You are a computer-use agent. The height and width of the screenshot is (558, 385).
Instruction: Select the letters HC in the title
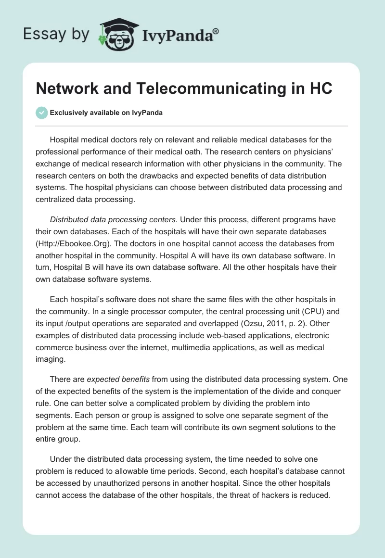(320, 89)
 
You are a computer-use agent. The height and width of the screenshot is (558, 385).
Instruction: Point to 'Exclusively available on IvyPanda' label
(106, 113)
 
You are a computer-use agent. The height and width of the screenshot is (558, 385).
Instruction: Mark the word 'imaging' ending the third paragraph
(50, 358)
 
